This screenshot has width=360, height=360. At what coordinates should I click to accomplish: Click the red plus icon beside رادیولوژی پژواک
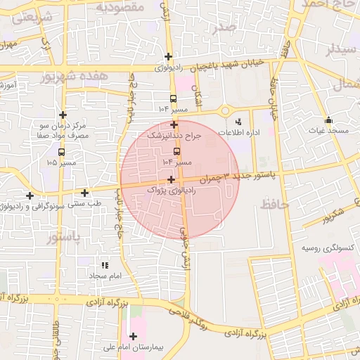171,180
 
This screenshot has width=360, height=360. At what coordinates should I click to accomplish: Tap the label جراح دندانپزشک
174,135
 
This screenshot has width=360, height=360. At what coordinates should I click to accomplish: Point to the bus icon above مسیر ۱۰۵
61,151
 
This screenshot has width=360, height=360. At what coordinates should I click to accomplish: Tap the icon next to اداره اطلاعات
238,121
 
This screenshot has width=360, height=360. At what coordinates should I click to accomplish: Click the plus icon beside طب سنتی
85,193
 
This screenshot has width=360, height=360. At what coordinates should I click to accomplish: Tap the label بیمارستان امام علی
133,347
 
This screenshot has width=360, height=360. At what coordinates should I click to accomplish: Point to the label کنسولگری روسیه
327,248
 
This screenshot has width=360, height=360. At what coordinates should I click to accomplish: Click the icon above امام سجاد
105,265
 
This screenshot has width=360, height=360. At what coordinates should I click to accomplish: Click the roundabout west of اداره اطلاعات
225,110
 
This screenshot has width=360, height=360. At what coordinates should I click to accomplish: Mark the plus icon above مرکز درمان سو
63,115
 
